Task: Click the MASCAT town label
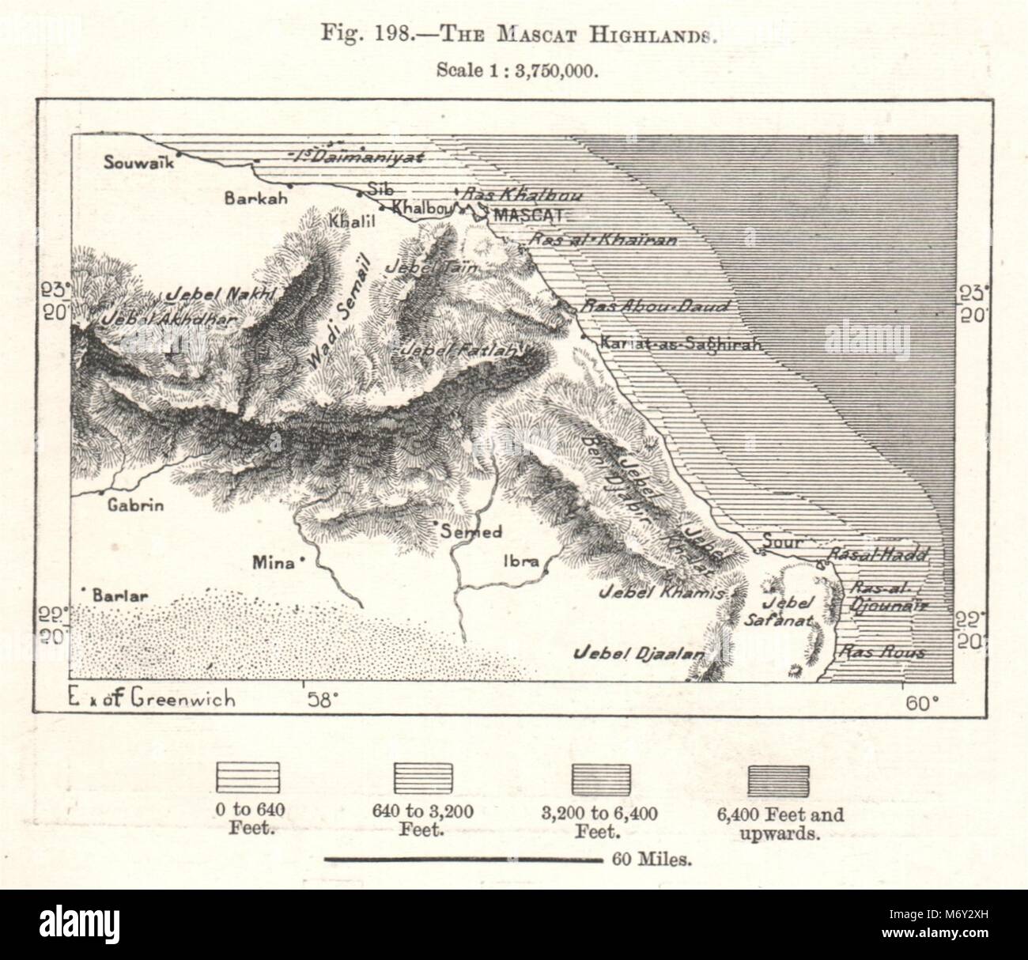[x=527, y=214]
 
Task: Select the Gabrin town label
[x=136, y=505]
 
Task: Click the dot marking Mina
[x=303, y=562]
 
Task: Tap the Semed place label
[x=471, y=532]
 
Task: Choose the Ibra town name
[x=521, y=562]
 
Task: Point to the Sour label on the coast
[x=782, y=542]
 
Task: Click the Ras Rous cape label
[x=882, y=653]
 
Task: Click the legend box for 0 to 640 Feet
[x=248, y=777]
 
